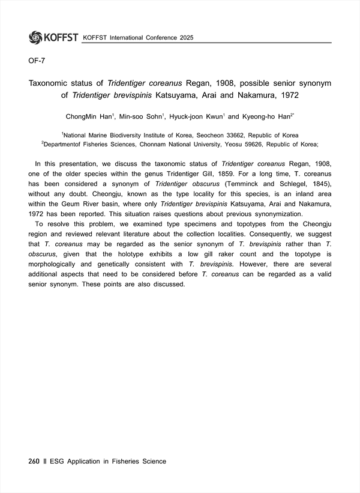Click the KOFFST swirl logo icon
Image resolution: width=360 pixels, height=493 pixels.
click(x=35, y=37)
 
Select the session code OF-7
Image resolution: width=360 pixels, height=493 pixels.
click(x=37, y=60)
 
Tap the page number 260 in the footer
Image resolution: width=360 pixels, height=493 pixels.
click(x=34, y=461)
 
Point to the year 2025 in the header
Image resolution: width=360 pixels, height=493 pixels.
click(x=186, y=38)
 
